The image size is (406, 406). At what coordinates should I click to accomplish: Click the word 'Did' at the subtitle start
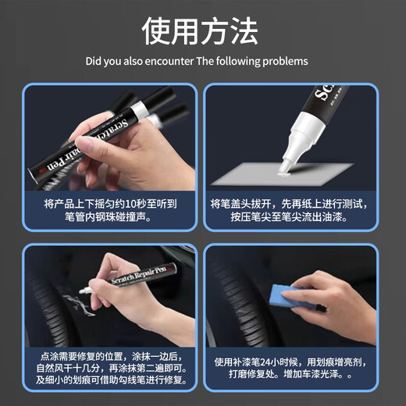click(x=94, y=61)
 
